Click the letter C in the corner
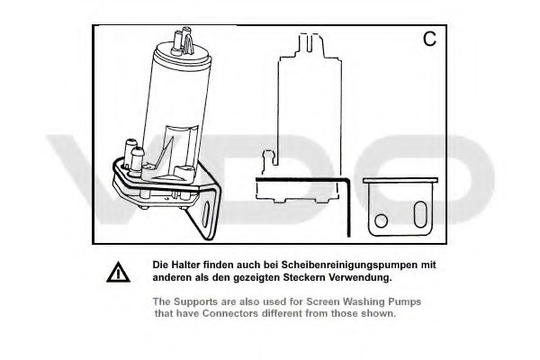pyautogui.click(x=429, y=39)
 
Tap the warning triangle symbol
pyautogui.click(x=118, y=272)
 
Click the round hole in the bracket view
pyautogui.click(x=381, y=220)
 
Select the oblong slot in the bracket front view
pyautogui.click(x=420, y=214)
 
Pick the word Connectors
pyautogui.click(x=230, y=313)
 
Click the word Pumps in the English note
pyautogui.click(x=405, y=301)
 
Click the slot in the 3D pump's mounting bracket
pyautogui.click(x=205, y=214)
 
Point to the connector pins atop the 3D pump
pyautogui.click(x=183, y=42)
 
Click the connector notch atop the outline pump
pyautogui.click(x=310, y=42)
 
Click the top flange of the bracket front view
pyautogui.click(x=400, y=180)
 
